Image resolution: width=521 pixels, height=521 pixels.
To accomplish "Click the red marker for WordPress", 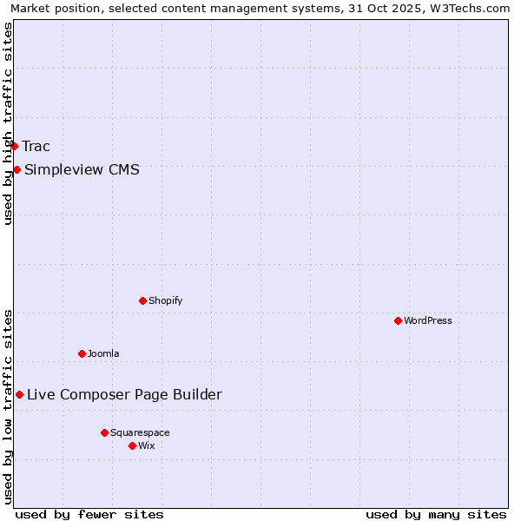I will [x=398, y=320].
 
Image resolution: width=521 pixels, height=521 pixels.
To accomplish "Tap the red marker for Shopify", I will [x=142, y=300].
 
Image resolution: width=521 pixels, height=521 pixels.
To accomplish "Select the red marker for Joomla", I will [x=82, y=353].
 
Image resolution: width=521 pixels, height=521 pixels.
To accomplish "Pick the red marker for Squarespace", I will [x=104, y=432].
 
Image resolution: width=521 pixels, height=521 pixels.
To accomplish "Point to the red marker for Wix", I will [x=132, y=445].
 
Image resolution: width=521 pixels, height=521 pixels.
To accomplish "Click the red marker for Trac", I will [x=14, y=146].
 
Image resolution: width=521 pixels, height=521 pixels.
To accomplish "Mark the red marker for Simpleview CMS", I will [x=16, y=169].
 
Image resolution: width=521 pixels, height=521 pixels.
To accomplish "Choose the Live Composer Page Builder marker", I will [x=19, y=394].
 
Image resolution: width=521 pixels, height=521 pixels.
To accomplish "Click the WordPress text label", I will [x=428, y=320].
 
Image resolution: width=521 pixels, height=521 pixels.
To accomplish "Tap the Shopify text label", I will [x=165, y=300].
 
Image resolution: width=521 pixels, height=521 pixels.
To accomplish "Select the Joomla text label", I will [x=103, y=353].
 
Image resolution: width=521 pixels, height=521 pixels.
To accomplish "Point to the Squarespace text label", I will [x=140, y=432].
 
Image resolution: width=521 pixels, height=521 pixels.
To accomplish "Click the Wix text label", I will [x=146, y=445].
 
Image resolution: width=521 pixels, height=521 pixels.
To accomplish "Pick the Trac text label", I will [x=36, y=146].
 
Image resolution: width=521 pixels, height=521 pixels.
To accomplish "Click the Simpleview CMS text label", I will [x=82, y=169].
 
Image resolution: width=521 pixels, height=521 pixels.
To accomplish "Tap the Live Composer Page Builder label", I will [x=124, y=394].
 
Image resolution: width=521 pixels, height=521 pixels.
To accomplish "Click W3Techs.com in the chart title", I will [x=473, y=8].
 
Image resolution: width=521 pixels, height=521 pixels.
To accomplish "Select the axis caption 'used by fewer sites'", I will [x=89, y=514].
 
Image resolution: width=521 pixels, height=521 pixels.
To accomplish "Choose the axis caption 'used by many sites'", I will [x=436, y=514].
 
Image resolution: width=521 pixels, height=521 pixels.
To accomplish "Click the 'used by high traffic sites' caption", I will [x=8, y=123].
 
